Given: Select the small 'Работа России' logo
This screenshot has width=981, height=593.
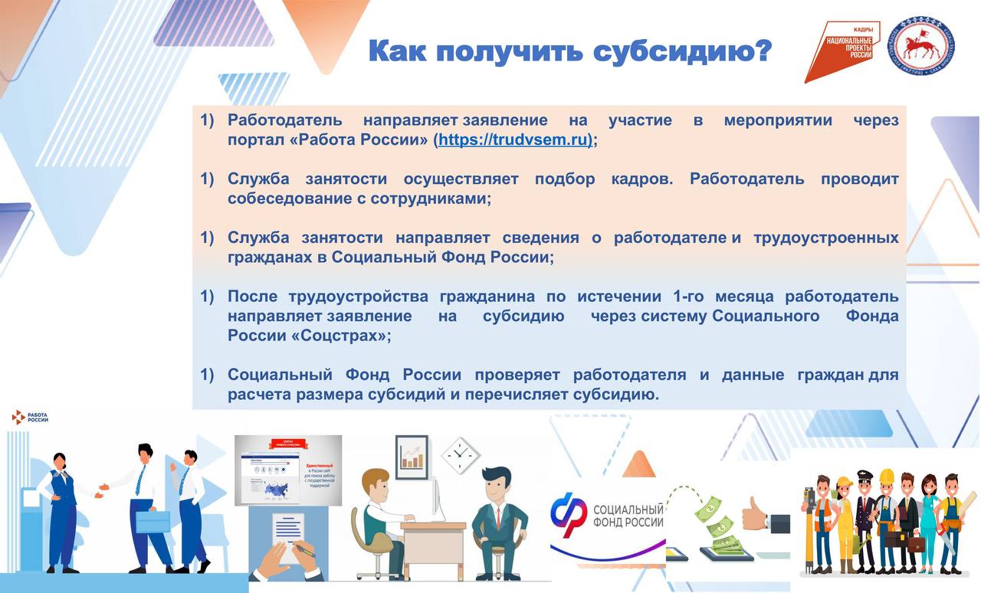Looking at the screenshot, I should coord(31,417).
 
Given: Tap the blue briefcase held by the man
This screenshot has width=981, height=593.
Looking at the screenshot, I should coord(153,521).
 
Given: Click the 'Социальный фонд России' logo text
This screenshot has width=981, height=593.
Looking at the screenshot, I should coord(628,516).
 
